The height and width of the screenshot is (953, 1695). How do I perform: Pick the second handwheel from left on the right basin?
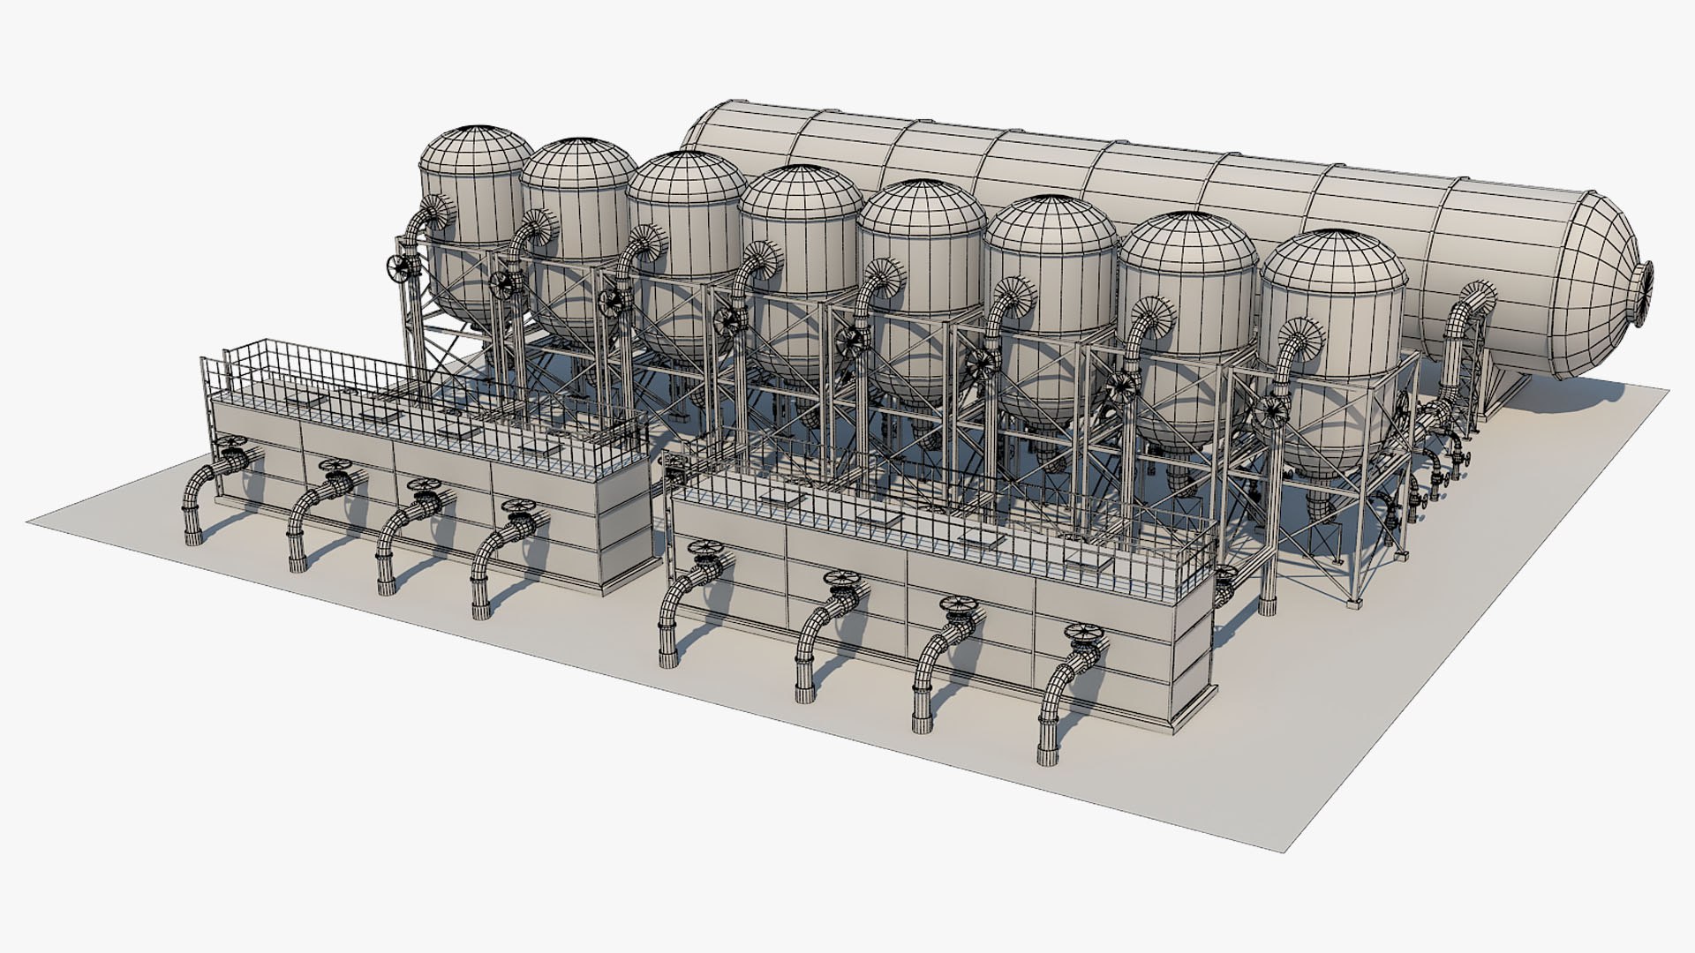click(840, 581)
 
